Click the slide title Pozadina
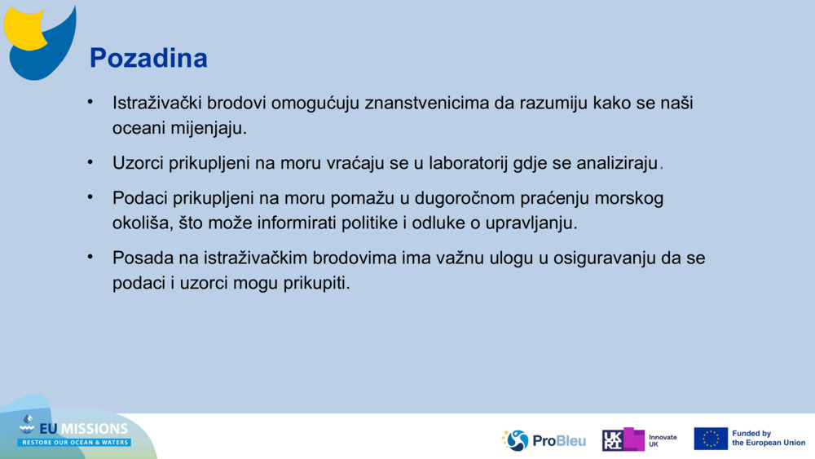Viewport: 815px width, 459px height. (148, 58)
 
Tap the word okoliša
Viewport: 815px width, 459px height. (139, 222)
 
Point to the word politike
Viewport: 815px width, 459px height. (364, 222)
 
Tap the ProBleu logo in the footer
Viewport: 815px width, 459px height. (544, 440)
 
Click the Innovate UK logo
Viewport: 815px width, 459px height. (639, 440)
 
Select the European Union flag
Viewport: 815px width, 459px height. (710, 439)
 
